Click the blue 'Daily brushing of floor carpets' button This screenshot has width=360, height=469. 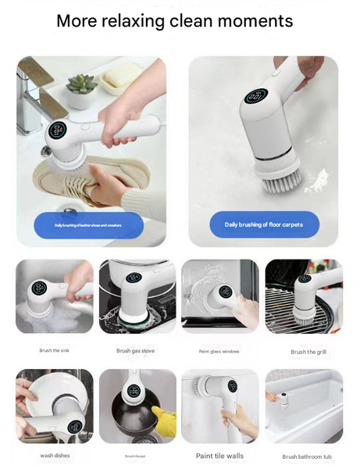(x=263, y=224)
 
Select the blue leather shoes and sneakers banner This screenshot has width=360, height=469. (x=87, y=225)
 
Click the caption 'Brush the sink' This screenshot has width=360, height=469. (x=54, y=350)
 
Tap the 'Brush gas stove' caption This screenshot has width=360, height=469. (x=136, y=351)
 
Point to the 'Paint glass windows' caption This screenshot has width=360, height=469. (x=220, y=351)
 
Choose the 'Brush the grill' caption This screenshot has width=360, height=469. (x=308, y=352)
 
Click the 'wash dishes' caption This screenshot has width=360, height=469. (x=54, y=455)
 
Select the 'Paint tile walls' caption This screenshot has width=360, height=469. (x=219, y=455)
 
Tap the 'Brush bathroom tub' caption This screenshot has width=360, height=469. (x=307, y=456)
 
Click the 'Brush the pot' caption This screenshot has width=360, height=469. (x=136, y=456)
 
